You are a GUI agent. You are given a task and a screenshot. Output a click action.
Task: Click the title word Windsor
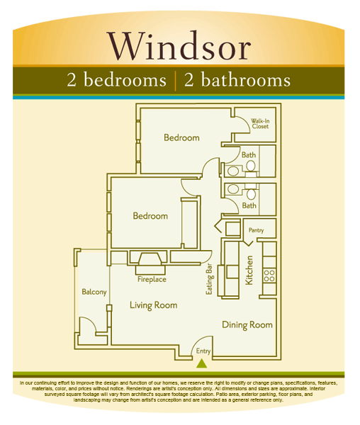[180, 47]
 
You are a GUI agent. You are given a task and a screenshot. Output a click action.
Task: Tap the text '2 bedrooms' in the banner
[116, 80]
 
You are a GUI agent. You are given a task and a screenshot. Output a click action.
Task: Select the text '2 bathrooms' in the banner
[237, 80]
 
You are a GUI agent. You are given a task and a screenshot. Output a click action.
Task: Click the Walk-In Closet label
[260, 125]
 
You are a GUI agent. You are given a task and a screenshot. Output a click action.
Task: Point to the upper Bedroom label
[181, 137]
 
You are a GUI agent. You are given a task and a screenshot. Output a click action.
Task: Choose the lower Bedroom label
[150, 216]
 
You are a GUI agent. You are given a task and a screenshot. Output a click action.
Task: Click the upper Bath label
[249, 154]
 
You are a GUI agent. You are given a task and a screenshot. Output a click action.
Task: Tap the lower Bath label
[249, 205]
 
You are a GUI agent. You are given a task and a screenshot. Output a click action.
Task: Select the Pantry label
[256, 230]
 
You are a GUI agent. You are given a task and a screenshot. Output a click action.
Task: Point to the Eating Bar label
[209, 280]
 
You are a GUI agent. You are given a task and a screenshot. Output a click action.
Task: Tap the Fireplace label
[152, 279]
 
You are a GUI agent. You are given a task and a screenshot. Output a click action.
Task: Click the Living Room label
[153, 305]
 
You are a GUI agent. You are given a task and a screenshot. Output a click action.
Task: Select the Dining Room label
[247, 325]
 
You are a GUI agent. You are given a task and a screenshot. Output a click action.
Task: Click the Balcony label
[94, 292]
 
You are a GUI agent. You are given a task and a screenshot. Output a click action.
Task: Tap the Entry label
[203, 351]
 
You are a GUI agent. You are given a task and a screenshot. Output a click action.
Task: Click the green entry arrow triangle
[202, 364]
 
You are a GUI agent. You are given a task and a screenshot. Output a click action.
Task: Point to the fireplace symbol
[152, 261]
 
